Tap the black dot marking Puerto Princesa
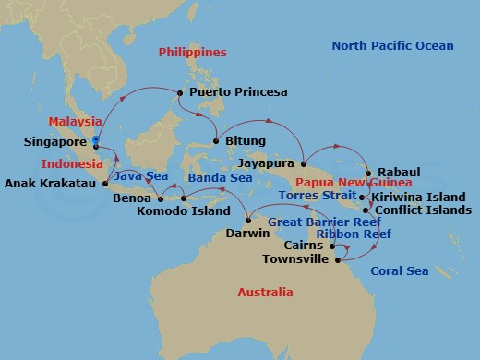(180, 92)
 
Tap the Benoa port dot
(160, 197)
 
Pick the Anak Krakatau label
(52, 182)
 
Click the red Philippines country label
(192, 53)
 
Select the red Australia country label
(265, 293)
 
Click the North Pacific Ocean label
(392, 46)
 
